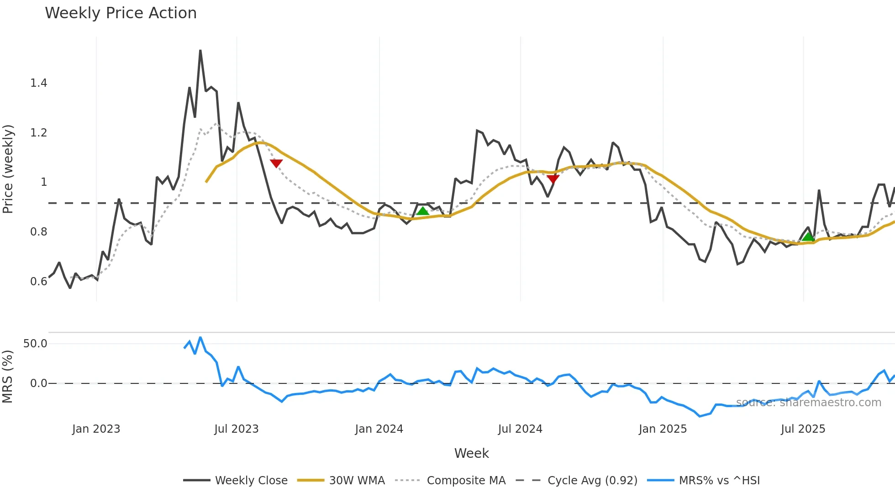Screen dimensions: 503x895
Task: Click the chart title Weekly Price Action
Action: pyautogui.click(x=121, y=13)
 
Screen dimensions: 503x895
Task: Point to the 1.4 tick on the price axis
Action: pyautogui.click(x=39, y=83)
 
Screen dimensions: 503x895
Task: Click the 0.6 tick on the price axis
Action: pyautogui.click(x=39, y=282)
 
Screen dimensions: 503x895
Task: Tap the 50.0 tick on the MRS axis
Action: pyautogui.click(x=35, y=344)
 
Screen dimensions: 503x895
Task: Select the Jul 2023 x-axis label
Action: pyautogui.click(x=237, y=429)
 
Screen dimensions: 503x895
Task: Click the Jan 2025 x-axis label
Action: pyautogui.click(x=663, y=429)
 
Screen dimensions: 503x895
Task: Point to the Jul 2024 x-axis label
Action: pyautogui.click(x=520, y=429)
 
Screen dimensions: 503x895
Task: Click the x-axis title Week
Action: pyautogui.click(x=471, y=453)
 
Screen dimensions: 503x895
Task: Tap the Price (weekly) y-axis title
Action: pyautogui.click(x=8, y=169)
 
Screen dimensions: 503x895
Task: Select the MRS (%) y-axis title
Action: pyautogui.click(x=8, y=377)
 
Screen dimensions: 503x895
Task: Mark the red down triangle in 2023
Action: pyautogui.click(x=276, y=163)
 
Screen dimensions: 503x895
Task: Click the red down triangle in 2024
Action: pyautogui.click(x=553, y=178)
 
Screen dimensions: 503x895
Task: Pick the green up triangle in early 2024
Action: pyautogui.click(x=423, y=211)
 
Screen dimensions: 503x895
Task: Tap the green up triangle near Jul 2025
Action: pyautogui.click(x=808, y=236)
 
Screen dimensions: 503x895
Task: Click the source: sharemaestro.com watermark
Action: pyautogui.click(x=808, y=403)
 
